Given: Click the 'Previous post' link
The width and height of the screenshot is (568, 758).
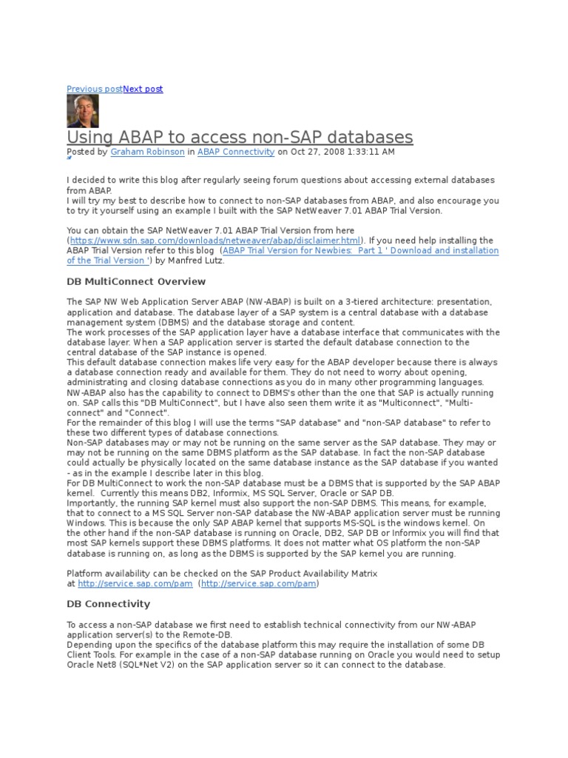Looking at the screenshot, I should (94, 89).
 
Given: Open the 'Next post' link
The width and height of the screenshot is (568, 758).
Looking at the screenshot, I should (143, 89).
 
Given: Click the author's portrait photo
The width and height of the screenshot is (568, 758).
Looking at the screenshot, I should (83, 111).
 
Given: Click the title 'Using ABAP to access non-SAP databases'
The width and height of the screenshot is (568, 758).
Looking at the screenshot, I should (240, 137).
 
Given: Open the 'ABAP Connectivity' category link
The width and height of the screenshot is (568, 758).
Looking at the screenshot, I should (236, 152).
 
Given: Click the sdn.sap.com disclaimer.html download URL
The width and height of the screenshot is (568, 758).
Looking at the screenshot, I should (215, 241).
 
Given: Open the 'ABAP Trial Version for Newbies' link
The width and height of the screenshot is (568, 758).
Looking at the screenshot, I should (360, 251).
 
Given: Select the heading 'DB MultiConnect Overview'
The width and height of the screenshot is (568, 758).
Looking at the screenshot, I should (136, 282).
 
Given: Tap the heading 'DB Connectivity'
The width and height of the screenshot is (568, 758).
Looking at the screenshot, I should (108, 604).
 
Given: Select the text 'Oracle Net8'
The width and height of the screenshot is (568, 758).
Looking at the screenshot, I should (92, 665).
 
